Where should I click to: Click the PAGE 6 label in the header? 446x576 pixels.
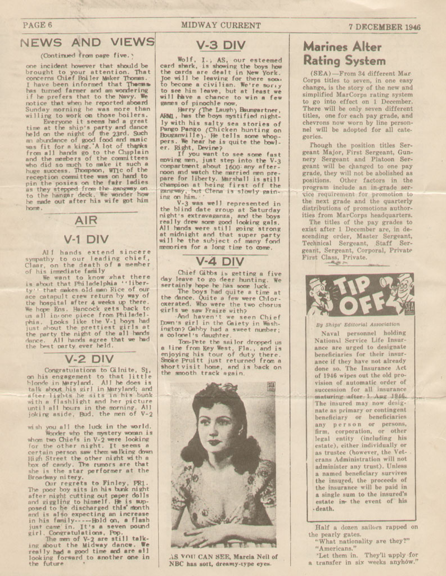[x=38, y=25]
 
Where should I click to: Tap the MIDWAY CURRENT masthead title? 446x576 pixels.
[x=220, y=25]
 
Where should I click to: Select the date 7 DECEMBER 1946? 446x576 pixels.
[x=384, y=26]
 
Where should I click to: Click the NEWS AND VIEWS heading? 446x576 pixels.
[x=87, y=42]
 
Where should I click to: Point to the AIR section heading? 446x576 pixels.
[x=85, y=220]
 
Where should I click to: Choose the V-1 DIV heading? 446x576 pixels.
[x=85, y=239]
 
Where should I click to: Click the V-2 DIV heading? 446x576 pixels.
[x=89, y=358]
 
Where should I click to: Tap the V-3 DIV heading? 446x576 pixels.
[x=222, y=45]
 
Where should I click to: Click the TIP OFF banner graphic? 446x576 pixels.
[x=361, y=295]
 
